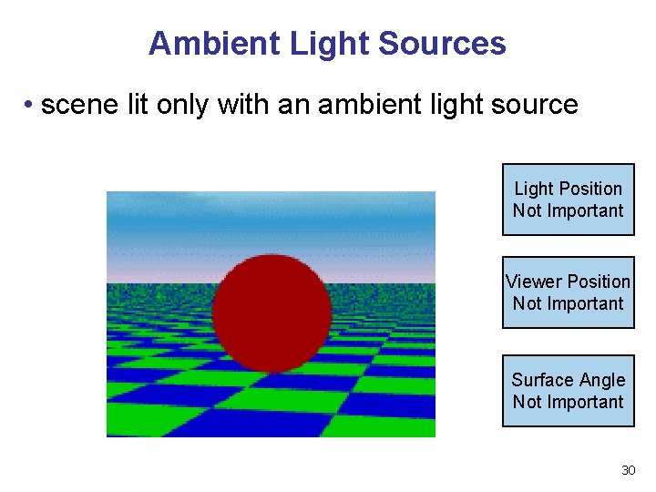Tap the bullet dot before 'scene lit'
point(29,106)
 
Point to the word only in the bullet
point(179,105)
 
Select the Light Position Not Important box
point(568,200)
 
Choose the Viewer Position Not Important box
point(568,292)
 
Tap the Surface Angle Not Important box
point(568,391)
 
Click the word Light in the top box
point(534,189)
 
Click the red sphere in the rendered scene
point(272,313)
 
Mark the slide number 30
point(628,470)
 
